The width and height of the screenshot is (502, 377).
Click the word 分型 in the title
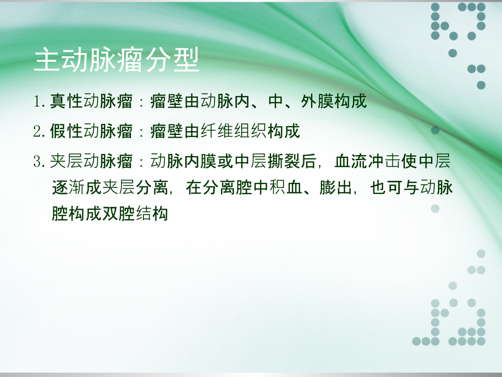[172, 60]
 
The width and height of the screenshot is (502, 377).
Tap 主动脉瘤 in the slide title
[89, 60]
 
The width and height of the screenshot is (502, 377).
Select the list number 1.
[38, 102]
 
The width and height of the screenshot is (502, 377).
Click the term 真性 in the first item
[66, 102]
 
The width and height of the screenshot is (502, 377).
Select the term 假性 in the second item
[66, 131]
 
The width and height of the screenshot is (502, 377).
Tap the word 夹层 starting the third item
[66, 161]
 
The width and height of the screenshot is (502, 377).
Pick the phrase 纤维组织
[234, 131]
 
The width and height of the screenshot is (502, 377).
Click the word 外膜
[317, 102]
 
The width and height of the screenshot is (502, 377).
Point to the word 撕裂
[284, 161]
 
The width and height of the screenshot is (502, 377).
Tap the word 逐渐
[68, 187]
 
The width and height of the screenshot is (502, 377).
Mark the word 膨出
[336, 187]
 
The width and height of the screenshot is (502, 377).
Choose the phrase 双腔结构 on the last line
[135, 214]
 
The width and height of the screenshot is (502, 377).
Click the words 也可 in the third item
[386, 187]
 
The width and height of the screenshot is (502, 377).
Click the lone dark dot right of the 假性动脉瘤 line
[435, 130]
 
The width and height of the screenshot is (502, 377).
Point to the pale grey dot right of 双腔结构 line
[435, 209]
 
